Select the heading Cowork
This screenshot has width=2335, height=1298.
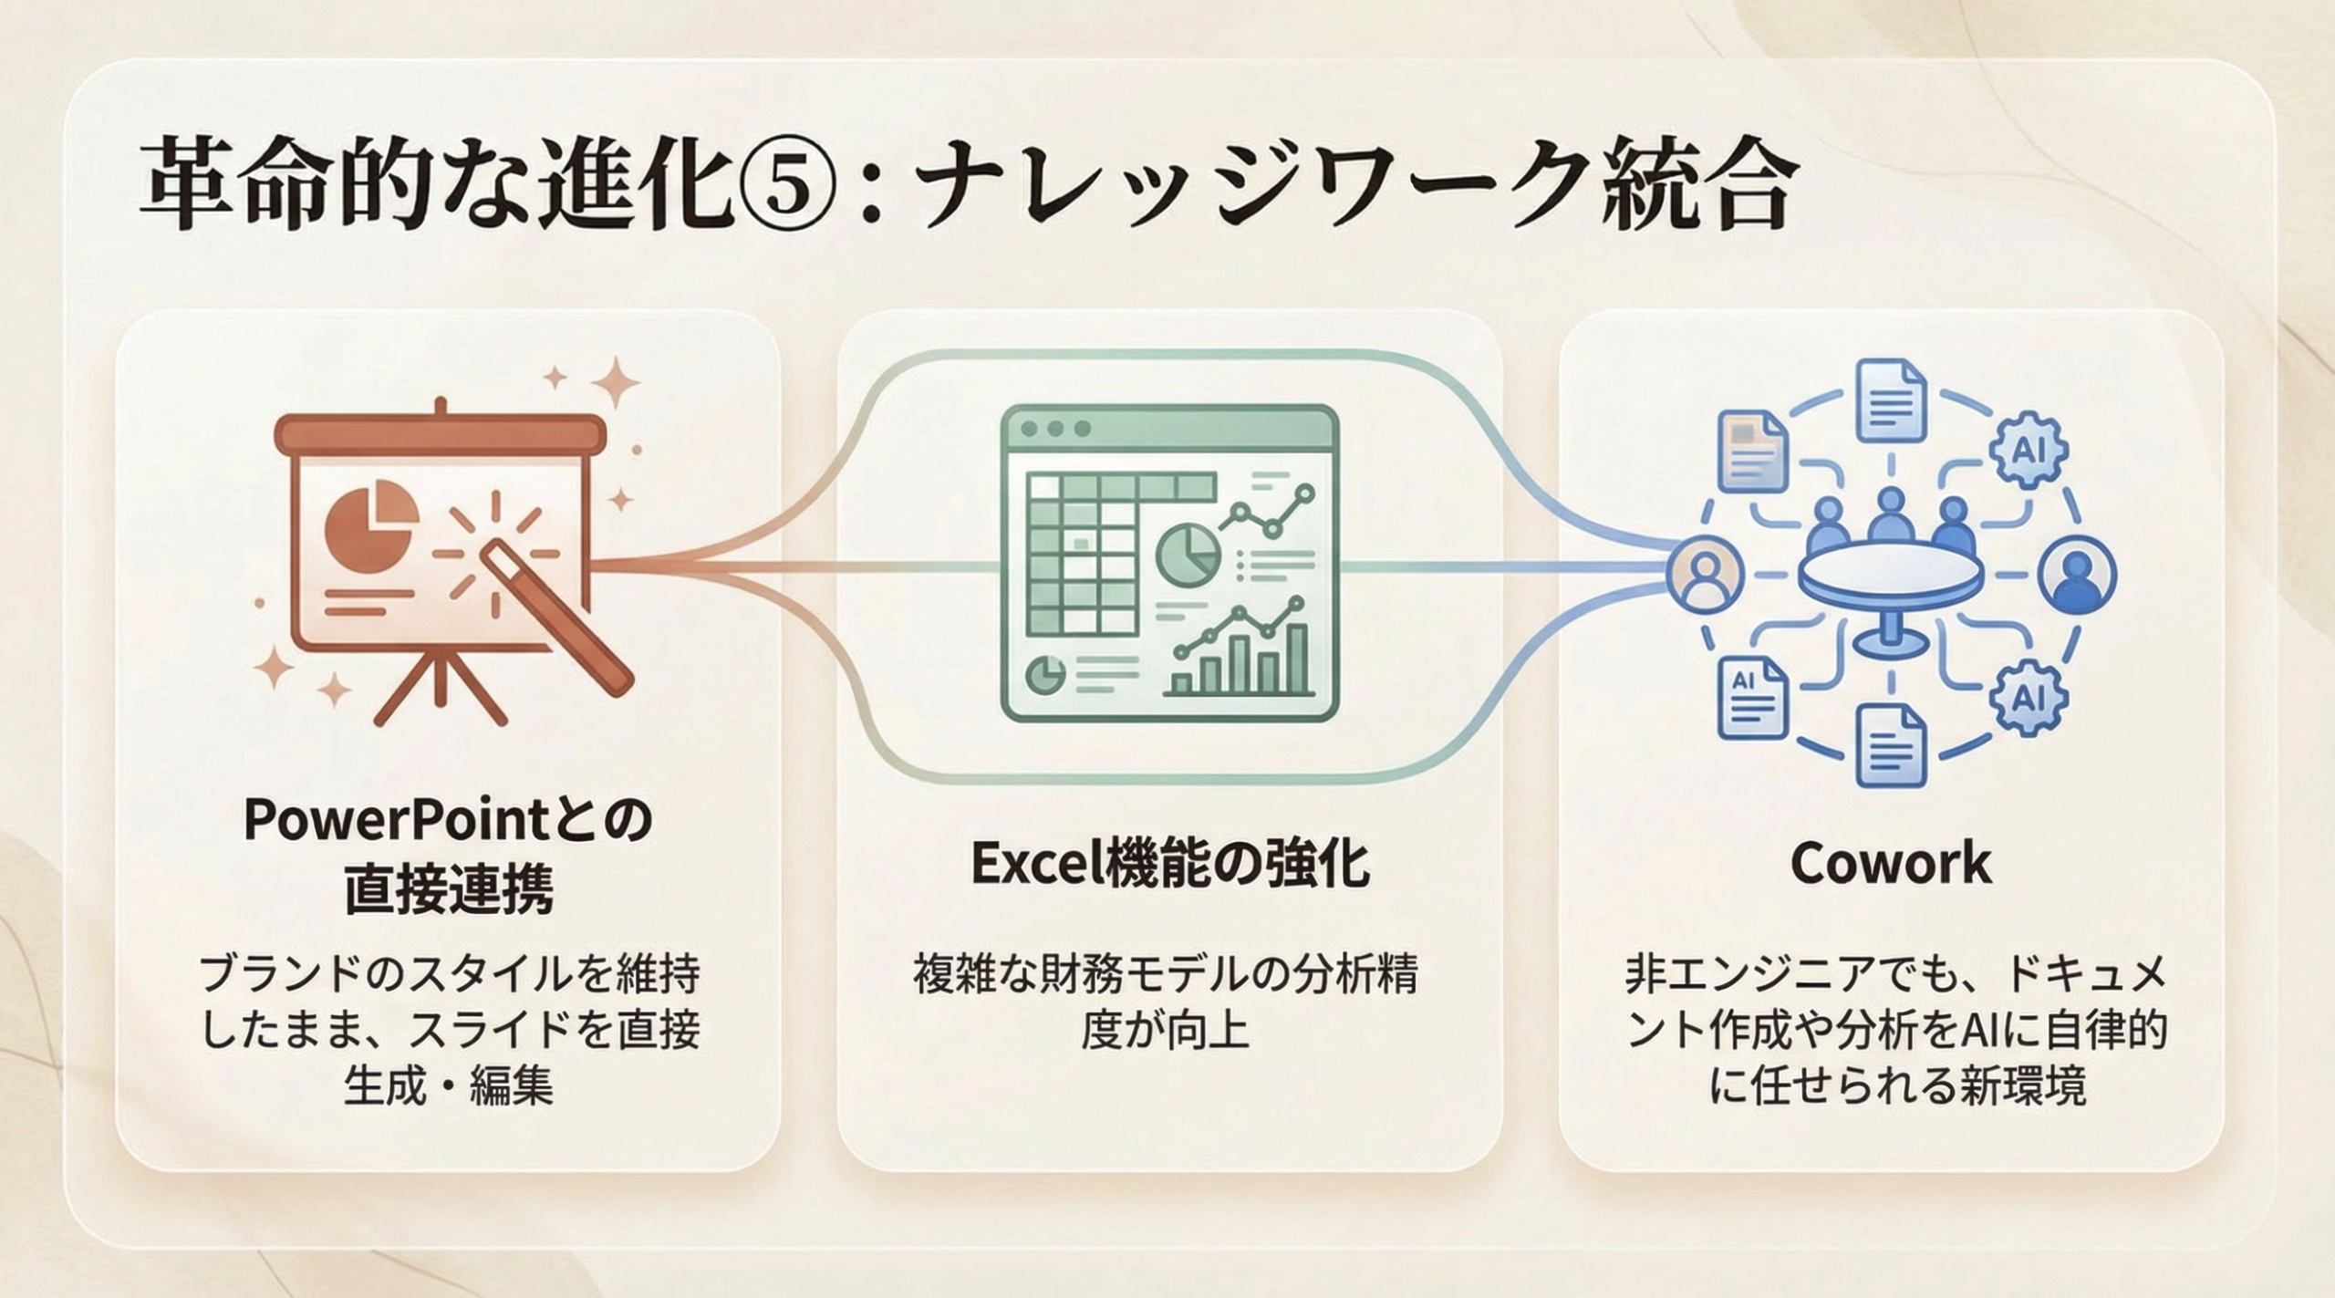[x=1891, y=863]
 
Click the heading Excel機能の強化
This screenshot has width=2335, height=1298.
[x=1169, y=863]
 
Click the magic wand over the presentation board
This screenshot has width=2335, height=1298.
[x=556, y=616]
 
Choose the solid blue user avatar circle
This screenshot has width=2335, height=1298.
[x=2078, y=575]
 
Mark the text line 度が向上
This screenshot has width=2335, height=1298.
[x=1165, y=1031]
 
